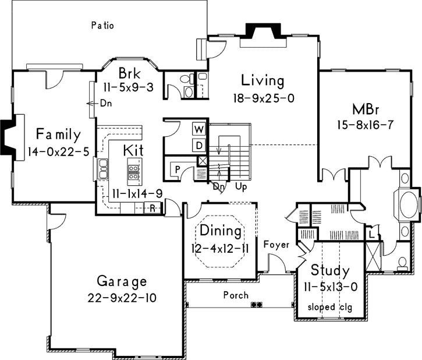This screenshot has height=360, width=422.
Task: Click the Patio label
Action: [x=102, y=25]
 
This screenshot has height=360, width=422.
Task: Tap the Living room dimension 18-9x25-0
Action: [x=263, y=97]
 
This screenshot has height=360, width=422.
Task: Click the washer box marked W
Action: [x=199, y=129]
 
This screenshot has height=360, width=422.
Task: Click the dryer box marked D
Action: [x=199, y=144]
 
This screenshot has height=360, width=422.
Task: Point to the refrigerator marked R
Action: [x=152, y=208]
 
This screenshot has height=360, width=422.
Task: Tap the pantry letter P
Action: [x=175, y=169]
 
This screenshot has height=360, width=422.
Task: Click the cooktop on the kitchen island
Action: [x=133, y=171]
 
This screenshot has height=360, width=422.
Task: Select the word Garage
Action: [x=122, y=282]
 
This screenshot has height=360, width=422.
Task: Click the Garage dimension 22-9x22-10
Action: [x=122, y=298]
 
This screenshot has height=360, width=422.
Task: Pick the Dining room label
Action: [x=221, y=231]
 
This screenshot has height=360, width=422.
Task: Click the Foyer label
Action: [x=276, y=245]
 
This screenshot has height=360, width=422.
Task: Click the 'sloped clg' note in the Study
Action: [x=329, y=306]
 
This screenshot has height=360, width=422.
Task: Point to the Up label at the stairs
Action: [x=241, y=188]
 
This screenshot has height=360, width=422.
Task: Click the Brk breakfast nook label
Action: [x=128, y=74]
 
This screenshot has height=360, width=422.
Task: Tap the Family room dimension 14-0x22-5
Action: [x=57, y=153]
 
